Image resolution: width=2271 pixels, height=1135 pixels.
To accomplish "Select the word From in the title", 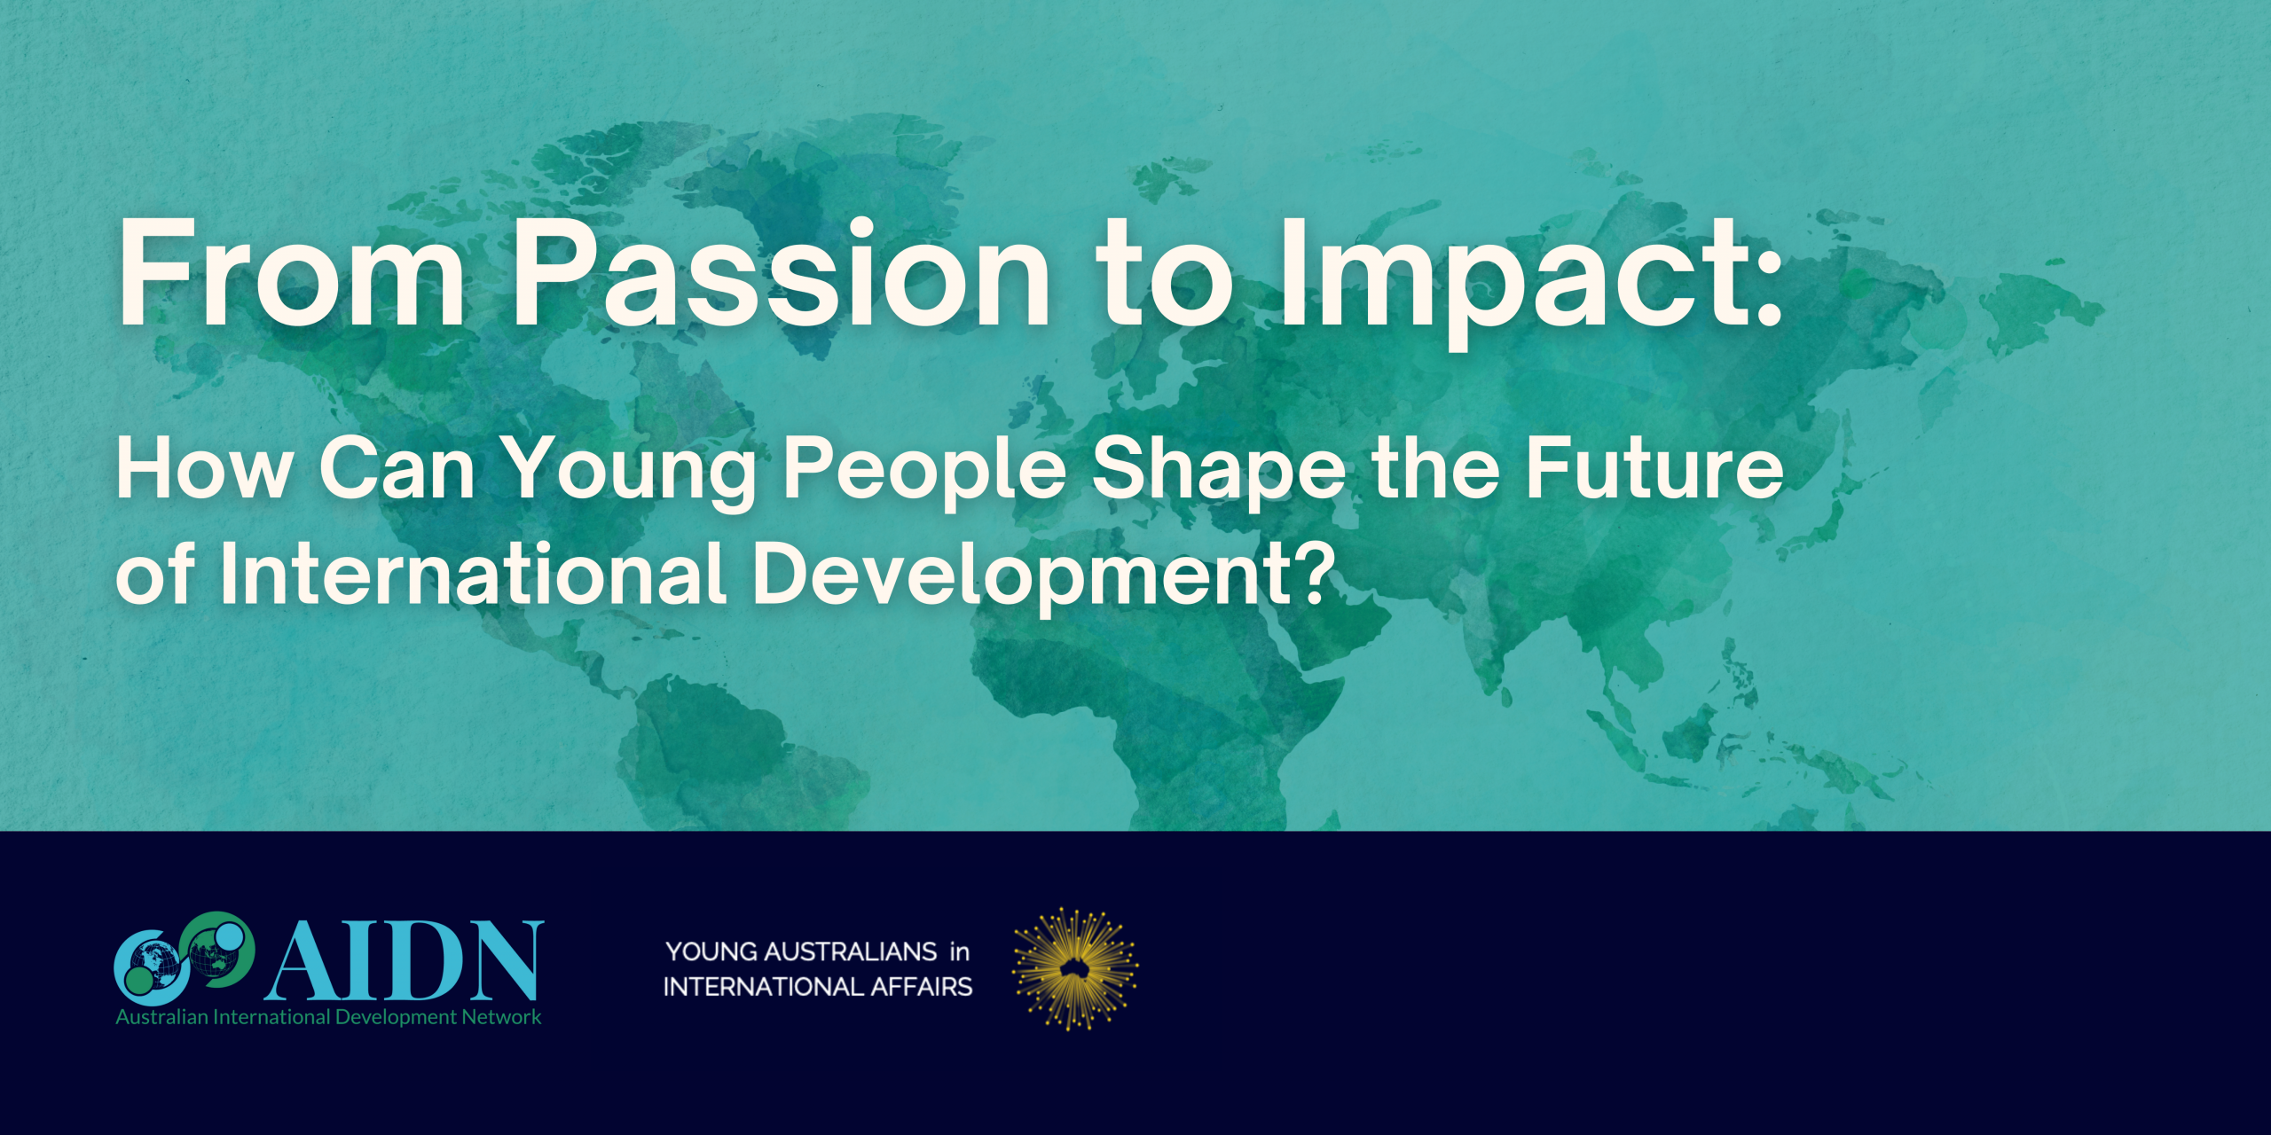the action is [x=293, y=272].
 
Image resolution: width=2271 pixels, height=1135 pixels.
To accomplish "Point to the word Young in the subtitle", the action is [x=629, y=474].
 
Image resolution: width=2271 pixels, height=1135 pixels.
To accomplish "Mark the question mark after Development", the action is [x=1316, y=575].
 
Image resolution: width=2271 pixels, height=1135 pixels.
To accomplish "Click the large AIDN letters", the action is [x=405, y=961].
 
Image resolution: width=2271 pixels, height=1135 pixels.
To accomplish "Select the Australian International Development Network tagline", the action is [x=328, y=1017].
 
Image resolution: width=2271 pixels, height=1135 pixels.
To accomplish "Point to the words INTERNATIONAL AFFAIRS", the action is [x=818, y=986].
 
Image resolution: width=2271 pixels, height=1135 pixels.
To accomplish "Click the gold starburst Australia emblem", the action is [x=1075, y=969].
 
